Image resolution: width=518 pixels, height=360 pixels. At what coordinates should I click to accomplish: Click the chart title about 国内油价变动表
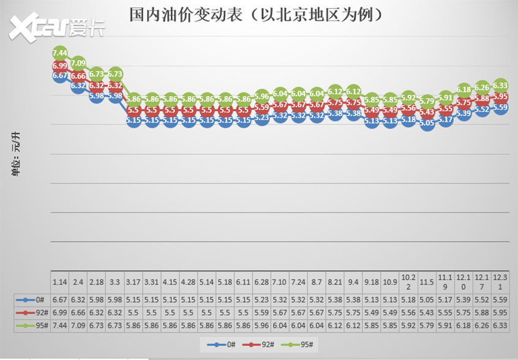257,14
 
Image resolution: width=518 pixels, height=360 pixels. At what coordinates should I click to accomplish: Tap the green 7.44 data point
60,53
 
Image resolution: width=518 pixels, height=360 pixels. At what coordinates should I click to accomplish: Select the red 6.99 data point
60,66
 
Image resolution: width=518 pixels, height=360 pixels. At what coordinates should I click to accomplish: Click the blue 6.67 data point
60,75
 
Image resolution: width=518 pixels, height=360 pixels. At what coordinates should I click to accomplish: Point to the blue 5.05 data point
427,122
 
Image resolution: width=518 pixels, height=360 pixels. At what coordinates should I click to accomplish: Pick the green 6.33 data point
500,85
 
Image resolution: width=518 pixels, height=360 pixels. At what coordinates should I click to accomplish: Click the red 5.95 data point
500,97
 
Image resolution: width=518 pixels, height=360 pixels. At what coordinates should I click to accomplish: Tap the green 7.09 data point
78,62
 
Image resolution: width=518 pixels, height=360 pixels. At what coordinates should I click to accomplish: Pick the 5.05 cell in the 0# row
427,300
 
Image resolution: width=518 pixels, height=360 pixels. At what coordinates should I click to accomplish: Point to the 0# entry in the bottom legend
223,345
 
